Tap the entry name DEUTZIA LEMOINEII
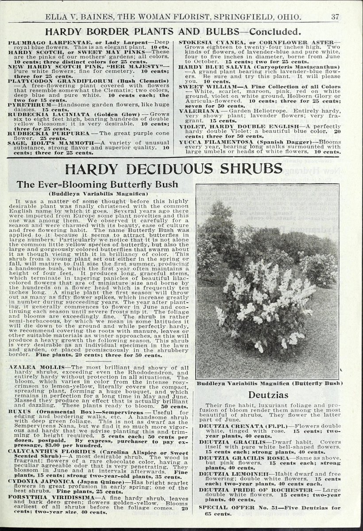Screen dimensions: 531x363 click(x=229, y=473)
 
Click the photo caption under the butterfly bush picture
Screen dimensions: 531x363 click(x=270, y=383)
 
